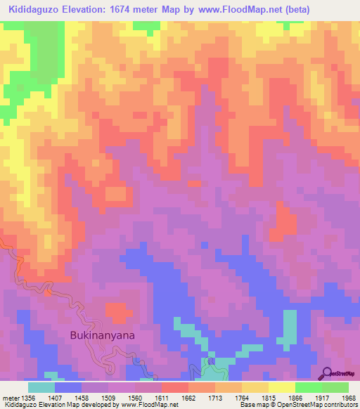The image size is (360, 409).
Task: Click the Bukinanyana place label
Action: click(x=103, y=335)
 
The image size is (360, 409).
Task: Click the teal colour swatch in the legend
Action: click(x=41, y=387)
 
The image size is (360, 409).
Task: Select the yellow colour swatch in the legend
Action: click(x=281, y=387)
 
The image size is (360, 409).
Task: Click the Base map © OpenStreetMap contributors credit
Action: click(x=297, y=405)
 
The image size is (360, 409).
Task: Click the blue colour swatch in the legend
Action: click(x=67, y=387)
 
